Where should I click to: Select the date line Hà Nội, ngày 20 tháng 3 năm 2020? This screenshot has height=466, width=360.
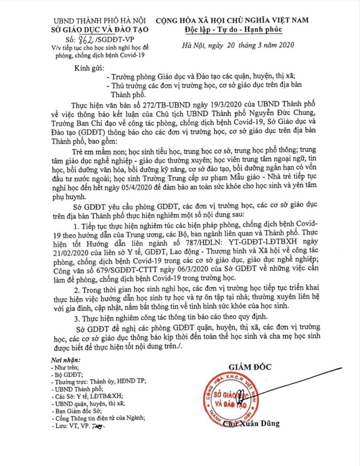tap(238, 45)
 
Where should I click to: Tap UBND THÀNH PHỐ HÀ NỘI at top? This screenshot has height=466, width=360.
tap(100, 20)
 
